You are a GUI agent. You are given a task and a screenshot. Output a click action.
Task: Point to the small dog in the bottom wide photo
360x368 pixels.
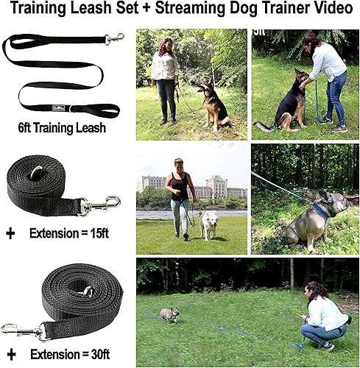(171, 314)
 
